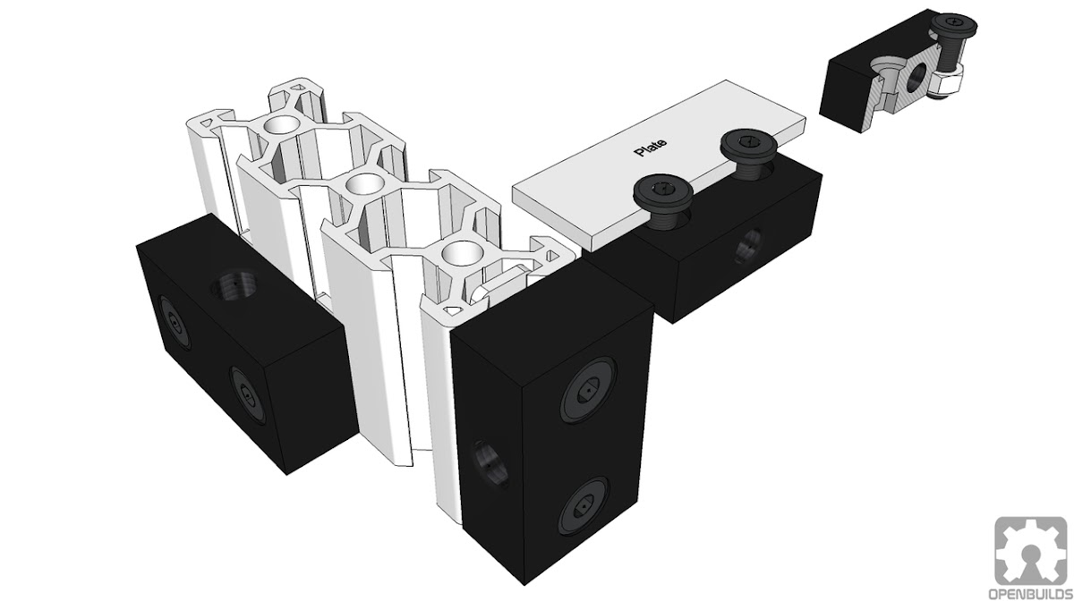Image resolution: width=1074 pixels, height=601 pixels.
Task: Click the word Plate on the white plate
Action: point(650,148)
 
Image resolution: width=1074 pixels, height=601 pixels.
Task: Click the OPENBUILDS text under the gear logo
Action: point(1030,593)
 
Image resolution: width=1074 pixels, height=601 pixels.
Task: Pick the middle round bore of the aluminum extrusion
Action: point(363,184)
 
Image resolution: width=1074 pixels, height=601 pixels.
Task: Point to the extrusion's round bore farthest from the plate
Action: point(281,124)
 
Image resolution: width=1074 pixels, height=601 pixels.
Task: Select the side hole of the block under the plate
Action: point(748,246)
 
